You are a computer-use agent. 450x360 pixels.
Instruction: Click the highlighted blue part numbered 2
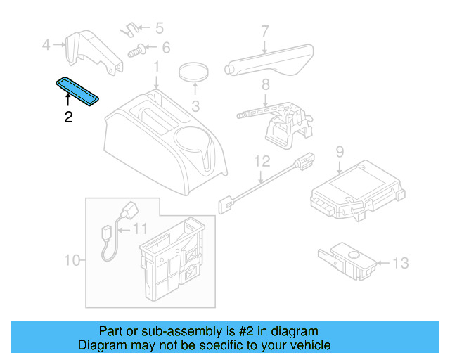tap(79, 92)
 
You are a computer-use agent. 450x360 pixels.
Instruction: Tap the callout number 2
tap(68, 117)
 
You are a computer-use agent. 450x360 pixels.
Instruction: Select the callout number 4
tap(46, 46)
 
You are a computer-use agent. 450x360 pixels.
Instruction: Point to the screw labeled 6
tap(141, 50)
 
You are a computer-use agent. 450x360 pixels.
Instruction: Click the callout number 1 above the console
tap(157, 67)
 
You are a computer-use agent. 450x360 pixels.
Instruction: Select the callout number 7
tap(265, 31)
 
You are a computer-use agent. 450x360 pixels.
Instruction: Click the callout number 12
tap(262, 161)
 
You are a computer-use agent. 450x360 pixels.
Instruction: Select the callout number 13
tap(399, 264)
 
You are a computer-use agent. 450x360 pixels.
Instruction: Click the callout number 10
tap(72, 261)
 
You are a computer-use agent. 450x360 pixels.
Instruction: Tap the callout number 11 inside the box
tap(140, 228)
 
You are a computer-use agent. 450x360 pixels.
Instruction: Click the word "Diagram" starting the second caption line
tap(101, 345)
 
